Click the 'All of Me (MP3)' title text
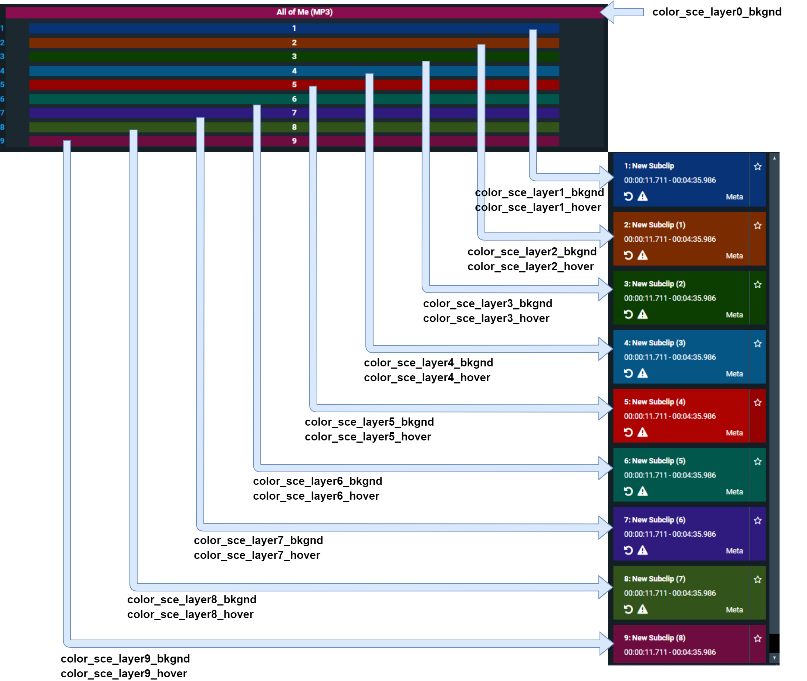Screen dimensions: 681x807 (304, 12)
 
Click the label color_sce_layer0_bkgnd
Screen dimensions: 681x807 (716, 12)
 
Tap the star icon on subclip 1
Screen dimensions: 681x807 (757, 167)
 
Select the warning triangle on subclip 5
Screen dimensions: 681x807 (642, 432)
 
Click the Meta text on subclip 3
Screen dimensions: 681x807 (734, 315)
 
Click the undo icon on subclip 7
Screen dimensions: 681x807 (628, 550)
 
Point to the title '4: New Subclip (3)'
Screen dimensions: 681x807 (654, 343)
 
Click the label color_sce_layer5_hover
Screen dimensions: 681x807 (368, 437)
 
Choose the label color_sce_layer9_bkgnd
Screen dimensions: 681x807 (125, 659)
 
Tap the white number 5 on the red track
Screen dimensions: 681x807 (294, 84)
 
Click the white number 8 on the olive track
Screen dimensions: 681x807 (294, 127)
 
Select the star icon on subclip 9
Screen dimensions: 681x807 (757, 638)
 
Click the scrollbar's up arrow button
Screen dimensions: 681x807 (774, 158)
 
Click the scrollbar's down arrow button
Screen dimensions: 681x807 (774, 658)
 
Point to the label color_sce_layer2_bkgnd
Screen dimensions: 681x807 (531, 252)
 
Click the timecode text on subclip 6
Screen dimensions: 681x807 (670, 475)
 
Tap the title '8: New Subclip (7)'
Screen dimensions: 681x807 (654, 579)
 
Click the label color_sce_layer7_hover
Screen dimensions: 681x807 (257, 555)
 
